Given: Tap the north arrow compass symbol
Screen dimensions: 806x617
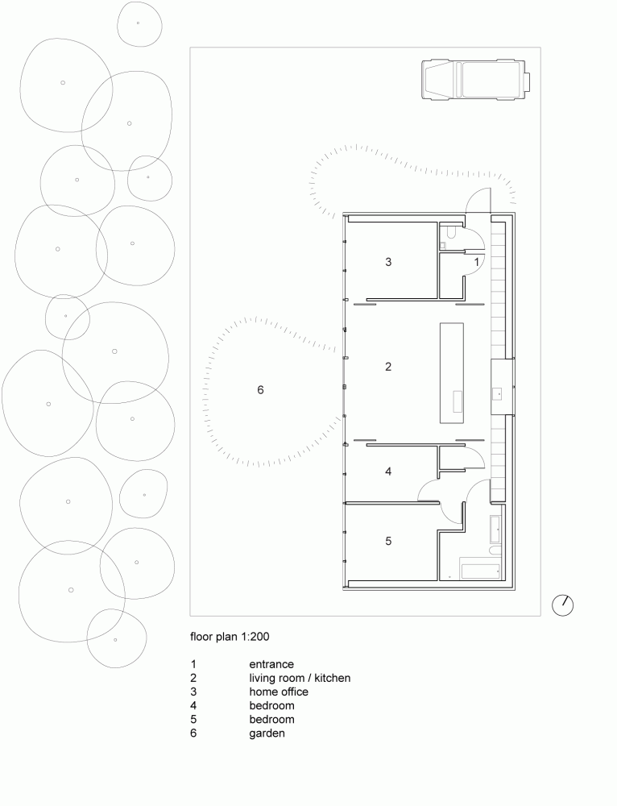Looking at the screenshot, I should pyautogui.click(x=563, y=604).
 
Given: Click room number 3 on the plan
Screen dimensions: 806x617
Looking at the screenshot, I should pyautogui.click(x=388, y=262).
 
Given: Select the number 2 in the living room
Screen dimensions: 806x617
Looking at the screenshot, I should pyautogui.click(x=388, y=367).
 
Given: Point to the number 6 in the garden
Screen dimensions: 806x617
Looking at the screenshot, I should pyautogui.click(x=260, y=390).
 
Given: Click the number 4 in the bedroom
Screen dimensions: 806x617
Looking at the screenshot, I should pyautogui.click(x=388, y=472).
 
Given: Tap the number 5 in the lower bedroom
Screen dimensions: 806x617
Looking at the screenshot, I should pyautogui.click(x=388, y=541).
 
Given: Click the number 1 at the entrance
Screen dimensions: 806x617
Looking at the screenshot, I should pyautogui.click(x=476, y=262).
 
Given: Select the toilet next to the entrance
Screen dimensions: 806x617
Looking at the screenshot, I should pyautogui.click(x=449, y=234).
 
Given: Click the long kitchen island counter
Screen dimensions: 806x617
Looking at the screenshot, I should pyautogui.click(x=453, y=372).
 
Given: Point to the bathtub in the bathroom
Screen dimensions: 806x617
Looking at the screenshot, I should pyautogui.click(x=480, y=569).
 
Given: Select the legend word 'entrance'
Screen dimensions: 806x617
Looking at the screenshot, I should pyautogui.click(x=271, y=664).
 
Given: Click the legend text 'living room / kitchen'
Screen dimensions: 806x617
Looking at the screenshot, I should pyautogui.click(x=300, y=679).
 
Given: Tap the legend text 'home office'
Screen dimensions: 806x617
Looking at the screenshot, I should pyautogui.click(x=279, y=692).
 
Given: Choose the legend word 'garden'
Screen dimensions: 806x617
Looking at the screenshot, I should pyautogui.click(x=267, y=733).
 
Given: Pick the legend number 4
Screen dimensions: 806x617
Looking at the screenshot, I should pyautogui.click(x=193, y=706).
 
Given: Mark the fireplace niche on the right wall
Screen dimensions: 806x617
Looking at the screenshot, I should pyautogui.click(x=502, y=387).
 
